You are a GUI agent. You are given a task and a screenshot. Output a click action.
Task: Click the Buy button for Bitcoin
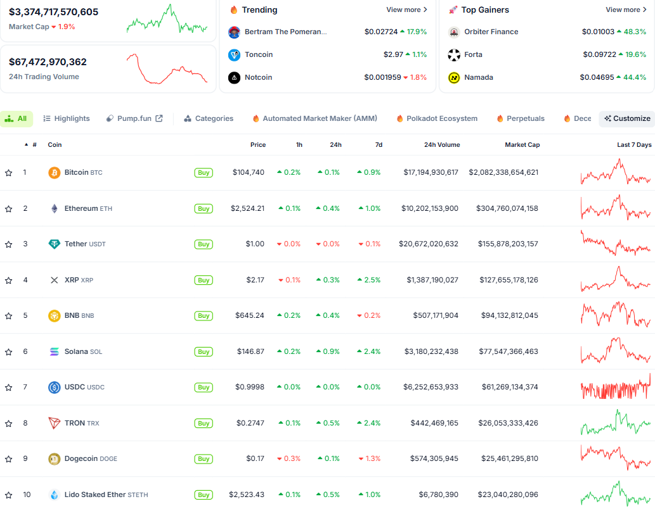tap(204, 173)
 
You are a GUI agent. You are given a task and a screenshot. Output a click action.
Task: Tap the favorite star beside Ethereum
tap(9, 209)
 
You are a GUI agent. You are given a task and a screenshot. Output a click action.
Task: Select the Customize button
tap(627, 118)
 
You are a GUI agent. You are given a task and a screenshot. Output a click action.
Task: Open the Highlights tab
tap(67, 118)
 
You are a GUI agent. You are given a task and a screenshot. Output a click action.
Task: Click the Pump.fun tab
tap(134, 118)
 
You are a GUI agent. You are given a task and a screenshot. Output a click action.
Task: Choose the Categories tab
tap(209, 118)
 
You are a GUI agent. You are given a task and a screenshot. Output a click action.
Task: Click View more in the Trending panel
tap(406, 10)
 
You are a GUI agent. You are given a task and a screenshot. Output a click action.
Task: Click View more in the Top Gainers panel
tap(626, 10)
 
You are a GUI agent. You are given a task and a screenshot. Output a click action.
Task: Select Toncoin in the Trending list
tap(259, 54)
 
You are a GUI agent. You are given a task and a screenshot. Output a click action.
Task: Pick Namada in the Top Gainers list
tap(478, 77)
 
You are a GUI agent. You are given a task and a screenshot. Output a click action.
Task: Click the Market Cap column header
tap(522, 145)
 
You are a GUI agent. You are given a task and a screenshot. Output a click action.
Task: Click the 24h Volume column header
tap(442, 145)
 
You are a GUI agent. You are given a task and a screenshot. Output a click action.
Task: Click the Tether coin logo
tap(55, 244)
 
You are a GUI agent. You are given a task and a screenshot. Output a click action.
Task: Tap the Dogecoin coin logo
tap(55, 459)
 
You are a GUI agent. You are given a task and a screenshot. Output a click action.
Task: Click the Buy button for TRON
tap(204, 424)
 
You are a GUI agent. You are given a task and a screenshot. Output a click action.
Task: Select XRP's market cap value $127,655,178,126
tap(503, 280)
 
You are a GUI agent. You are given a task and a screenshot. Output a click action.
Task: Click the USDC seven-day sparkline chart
tap(616, 387)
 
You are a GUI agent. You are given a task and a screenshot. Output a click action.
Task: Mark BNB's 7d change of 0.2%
tap(369, 315)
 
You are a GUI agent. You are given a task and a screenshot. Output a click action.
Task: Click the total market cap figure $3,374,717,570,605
tap(53, 12)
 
